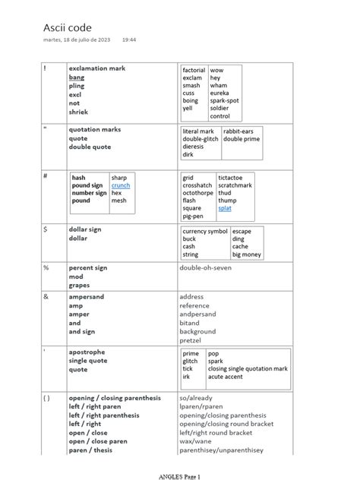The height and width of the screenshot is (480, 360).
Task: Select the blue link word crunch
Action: pyautogui.click(x=120, y=185)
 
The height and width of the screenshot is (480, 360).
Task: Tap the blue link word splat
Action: pyautogui.click(x=225, y=207)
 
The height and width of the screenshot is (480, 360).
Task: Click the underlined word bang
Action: pyautogui.click(x=77, y=77)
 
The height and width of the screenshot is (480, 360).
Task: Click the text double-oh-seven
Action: pyautogui.click(x=207, y=268)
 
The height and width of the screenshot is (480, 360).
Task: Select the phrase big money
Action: pyautogui.click(x=247, y=255)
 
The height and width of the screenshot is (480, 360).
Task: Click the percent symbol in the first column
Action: pyautogui.click(x=46, y=268)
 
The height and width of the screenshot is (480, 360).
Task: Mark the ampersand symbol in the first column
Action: pyautogui.click(x=46, y=296)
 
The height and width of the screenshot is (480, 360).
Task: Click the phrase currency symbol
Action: pyautogui.click(x=205, y=231)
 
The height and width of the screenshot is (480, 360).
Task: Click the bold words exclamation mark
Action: pyautogui.click(x=97, y=68)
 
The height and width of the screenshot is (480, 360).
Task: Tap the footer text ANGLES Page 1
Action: pyautogui.click(x=180, y=474)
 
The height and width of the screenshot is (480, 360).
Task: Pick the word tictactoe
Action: pyautogui.click(x=234, y=177)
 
